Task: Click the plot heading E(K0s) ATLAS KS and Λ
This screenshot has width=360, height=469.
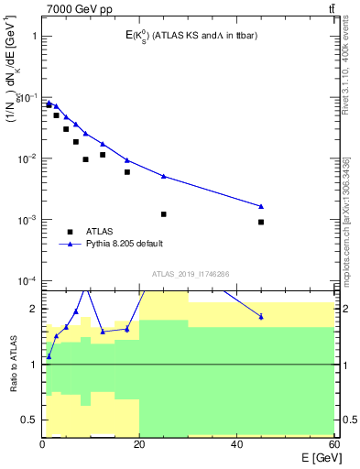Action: (191, 36)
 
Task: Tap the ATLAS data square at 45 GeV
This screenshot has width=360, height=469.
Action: (261, 222)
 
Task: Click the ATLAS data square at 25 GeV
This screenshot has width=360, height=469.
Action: (164, 213)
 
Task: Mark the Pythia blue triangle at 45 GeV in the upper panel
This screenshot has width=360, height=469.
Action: (261, 206)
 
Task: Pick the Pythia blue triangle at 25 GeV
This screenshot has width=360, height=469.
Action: (164, 176)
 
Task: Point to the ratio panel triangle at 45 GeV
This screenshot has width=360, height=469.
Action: (261, 317)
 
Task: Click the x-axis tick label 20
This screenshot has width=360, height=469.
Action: (139, 444)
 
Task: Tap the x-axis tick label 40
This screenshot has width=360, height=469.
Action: (236, 444)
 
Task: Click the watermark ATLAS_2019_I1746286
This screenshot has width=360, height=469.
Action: (191, 274)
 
